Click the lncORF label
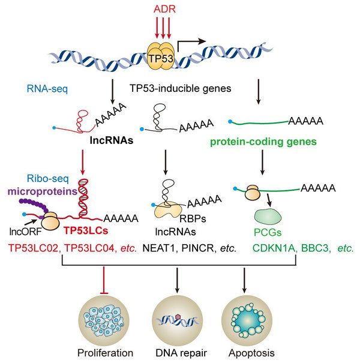23,230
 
